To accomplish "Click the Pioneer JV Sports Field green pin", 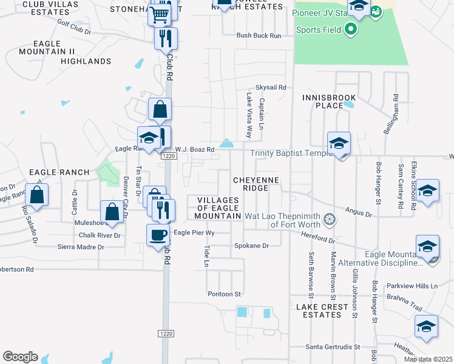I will pos(350,29).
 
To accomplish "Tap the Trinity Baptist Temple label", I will pos(291,154).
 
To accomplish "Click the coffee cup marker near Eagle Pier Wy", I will pos(158,235).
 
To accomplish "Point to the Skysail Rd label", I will pos(271,87).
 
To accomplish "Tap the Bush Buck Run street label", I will pos(259,36).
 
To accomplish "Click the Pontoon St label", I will pos(225,294).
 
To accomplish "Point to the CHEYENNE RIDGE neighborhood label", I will pos(251,184).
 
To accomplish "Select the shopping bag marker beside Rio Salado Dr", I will pos(37,195).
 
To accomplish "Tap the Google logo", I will pos(20,357).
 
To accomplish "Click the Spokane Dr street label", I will pos(251,246).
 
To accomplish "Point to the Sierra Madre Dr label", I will pos(81,247).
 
